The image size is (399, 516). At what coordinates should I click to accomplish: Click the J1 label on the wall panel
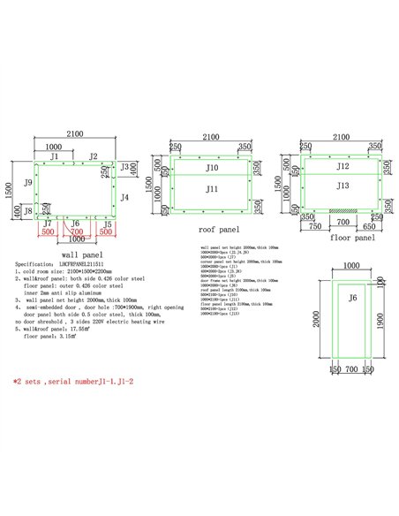(x=56, y=156)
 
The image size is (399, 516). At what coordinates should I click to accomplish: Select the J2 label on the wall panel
(x=93, y=156)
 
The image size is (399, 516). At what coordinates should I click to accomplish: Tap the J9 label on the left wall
(x=29, y=182)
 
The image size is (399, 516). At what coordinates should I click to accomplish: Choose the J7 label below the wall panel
(x=47, y=224)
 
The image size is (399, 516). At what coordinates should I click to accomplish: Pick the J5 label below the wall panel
(x=108, y=224)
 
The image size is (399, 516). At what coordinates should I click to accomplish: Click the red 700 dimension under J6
(x=78, y=232)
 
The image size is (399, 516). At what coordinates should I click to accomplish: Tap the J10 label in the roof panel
(x=212, y=167)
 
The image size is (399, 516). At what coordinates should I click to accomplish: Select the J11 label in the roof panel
(x=212, y=189)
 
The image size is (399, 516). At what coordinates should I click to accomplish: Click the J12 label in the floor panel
(x=343, y=165)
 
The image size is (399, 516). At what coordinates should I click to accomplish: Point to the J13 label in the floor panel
(x=343, y=186)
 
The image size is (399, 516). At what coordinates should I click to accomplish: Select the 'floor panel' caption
(x=351, y=239)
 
